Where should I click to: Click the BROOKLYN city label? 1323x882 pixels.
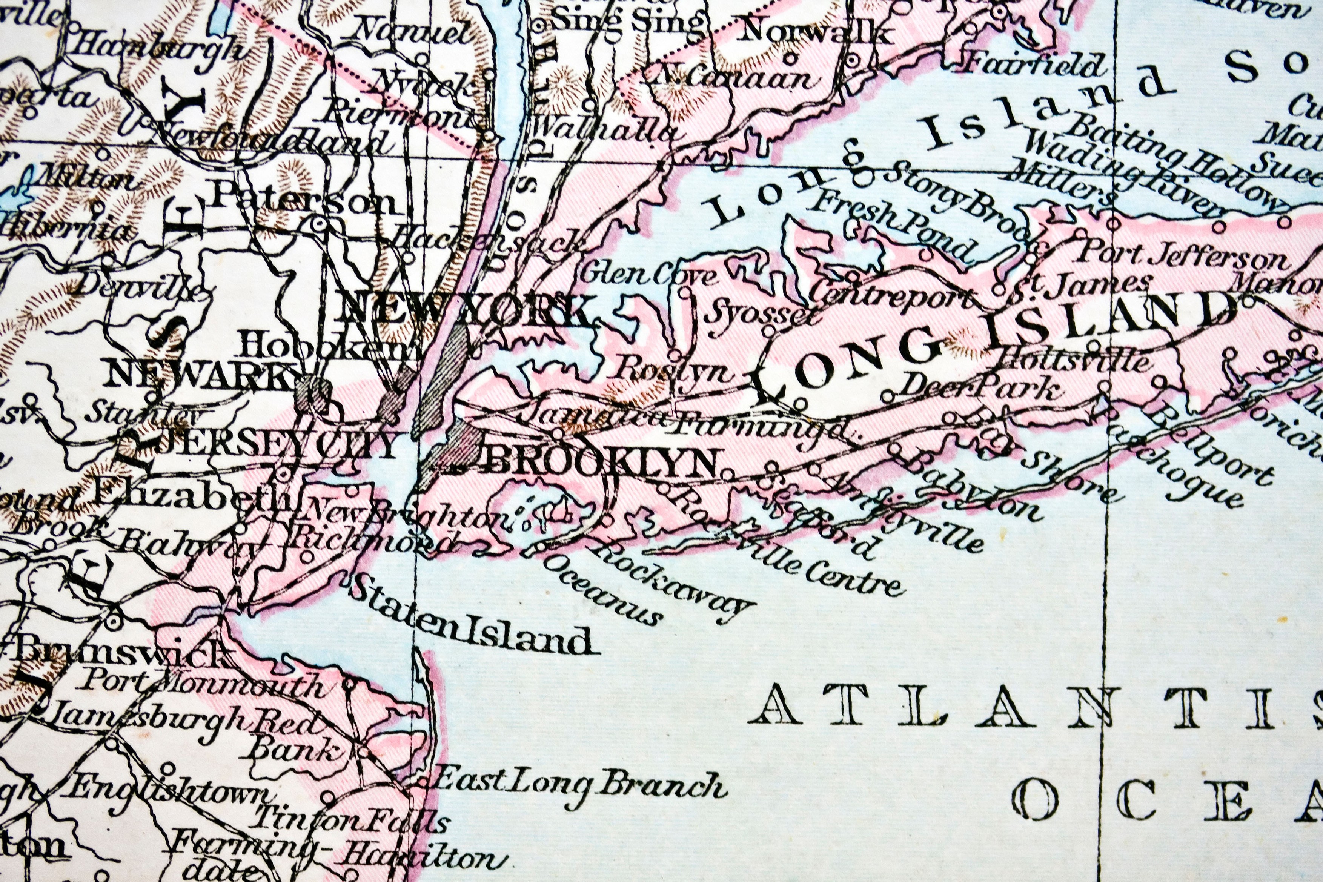click(605, 463)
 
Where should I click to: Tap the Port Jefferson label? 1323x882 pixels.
click(1181, 259)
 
